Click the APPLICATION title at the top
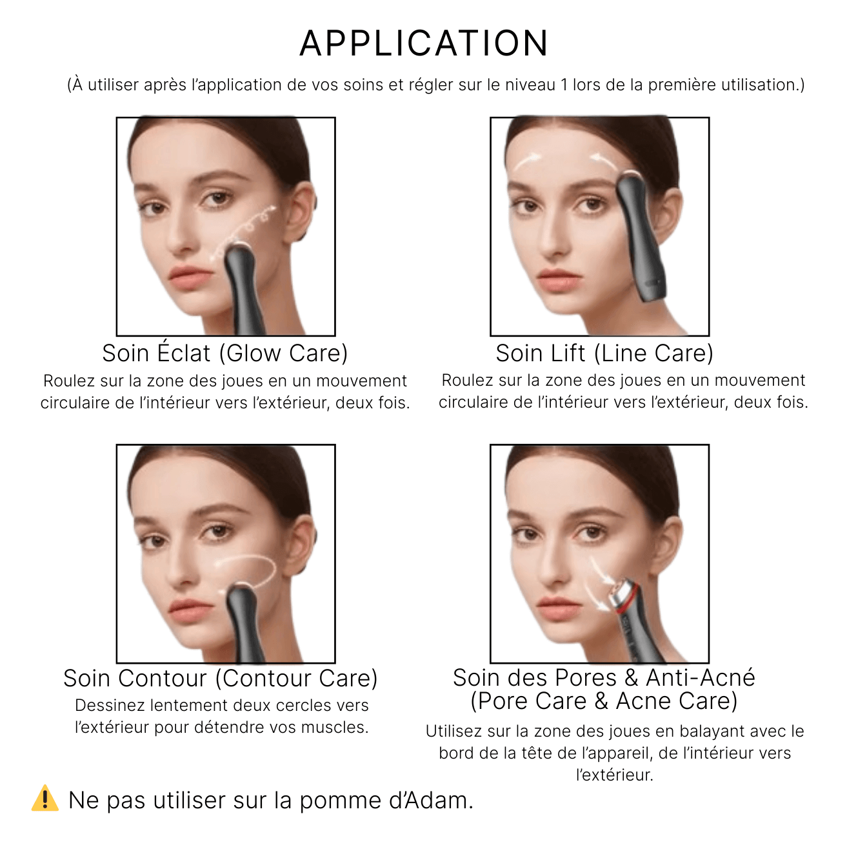(424, 44)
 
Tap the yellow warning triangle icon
(45, 799)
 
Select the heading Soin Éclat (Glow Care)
(224, 354)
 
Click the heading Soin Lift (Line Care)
(604, 354)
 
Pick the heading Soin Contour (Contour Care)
(220, 679)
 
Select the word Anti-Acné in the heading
(701, 678)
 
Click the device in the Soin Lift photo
(639, 239)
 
